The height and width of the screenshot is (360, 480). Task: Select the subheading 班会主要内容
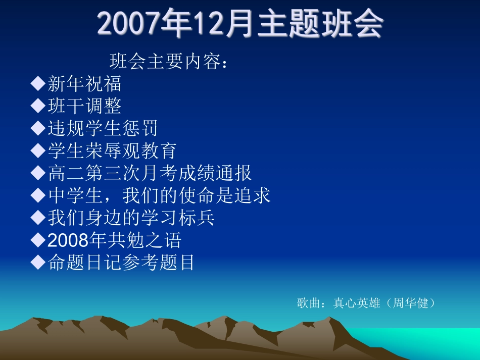pyautogui.click(x=165, y=61)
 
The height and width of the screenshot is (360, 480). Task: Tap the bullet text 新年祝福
pyautogui.click(x=84, y=83)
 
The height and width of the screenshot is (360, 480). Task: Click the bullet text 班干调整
pyautogui.click(x=84, y=106)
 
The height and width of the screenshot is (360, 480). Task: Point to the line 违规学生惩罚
pyautogui.click(x=103, y=128)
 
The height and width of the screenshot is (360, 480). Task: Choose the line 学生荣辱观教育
pyautogui.click(x=112, y=150)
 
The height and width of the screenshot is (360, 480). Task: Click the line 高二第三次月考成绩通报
pyautogui.click(x=150, y=173)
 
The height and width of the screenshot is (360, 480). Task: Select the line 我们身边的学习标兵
pyautogui.click(x=131, y=218)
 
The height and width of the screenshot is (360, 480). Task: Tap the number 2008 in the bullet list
pyautogui.click(x=68, y=240)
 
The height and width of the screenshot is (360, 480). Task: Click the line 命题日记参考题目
pyautogui.click(x=121, y=262)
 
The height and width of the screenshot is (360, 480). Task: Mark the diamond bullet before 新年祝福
pyautogui.click(x=38, y=83)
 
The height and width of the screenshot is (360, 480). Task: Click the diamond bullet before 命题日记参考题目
pyautogui.click(x=38, y=262)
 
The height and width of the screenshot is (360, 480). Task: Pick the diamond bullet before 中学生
pyautogui.click(x=38, y=195)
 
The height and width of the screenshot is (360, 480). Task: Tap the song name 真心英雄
pyautogui.click(x=357, y=303)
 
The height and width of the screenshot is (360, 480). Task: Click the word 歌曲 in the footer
pyautogui.click(x=309, y=303)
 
